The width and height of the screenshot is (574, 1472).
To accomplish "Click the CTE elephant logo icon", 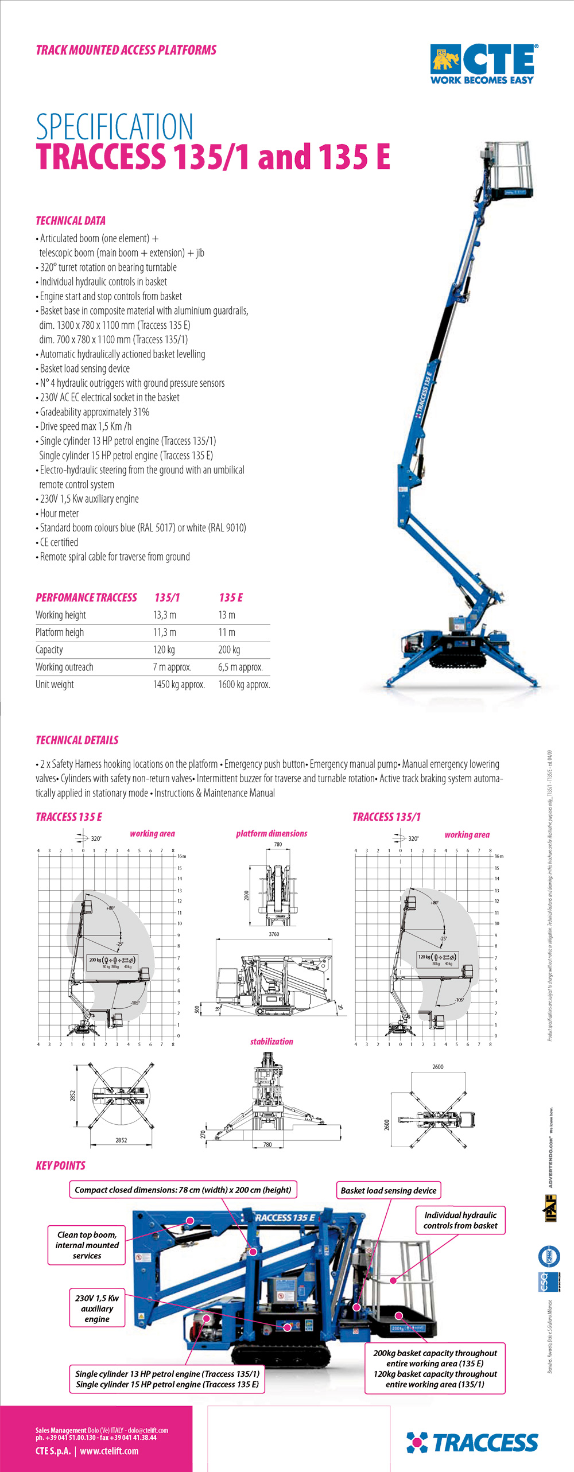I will [445, 59].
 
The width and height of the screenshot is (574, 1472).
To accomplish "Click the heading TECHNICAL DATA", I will [71, 221].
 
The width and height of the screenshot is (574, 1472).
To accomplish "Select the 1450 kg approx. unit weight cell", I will [179, 685].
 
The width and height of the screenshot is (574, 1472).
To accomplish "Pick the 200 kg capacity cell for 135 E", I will [229, 650].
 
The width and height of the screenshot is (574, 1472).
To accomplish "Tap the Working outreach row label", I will [64, 667].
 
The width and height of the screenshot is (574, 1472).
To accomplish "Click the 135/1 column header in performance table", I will [167, 597].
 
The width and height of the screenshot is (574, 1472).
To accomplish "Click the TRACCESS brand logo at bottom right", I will [472, 1442].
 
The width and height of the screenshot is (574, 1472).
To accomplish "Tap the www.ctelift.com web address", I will [109, 1451].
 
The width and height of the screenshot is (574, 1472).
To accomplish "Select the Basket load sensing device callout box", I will [389, 1190].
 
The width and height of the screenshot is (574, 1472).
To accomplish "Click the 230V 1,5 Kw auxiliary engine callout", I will [97, 1308].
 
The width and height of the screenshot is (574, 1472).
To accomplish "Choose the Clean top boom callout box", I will [87, 1245].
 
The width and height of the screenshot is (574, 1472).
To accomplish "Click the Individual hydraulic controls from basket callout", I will [460, 1220].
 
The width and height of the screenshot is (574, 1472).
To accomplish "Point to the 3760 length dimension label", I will [274, 934].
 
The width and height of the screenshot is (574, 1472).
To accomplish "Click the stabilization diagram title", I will [272, 1042].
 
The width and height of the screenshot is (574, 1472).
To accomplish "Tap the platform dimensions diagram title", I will [272, 833].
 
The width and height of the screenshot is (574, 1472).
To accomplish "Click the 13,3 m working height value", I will [165, 615].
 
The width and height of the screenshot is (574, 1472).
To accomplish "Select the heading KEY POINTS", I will [60, 1166].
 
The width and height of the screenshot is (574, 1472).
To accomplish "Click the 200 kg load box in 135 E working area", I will [112, 962].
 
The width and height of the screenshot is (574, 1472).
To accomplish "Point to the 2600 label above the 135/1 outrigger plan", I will [438, 1067].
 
